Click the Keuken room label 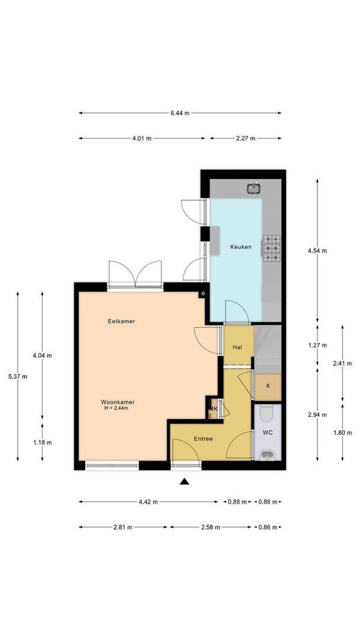click(241, 247)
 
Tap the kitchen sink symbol click(254, 188)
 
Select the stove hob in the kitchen click(272, 248)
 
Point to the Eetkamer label click(121, 321)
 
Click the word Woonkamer click(118, 402)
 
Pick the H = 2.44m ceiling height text click(116, 408)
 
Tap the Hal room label click(237, 348)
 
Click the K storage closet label click(268, 385)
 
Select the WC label click(268, 433)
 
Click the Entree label click(203, 439)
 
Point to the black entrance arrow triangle click(184, 482)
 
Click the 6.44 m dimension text click(180, 113)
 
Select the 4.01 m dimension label click(142, 138)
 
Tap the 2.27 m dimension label click(246, 138)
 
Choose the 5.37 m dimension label click(17, 376)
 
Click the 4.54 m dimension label click(317, 250)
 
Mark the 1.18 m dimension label click(43, 442)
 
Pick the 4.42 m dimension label click(148, 502)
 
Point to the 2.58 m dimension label click(211, 527)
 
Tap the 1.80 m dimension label click(342, 433)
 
